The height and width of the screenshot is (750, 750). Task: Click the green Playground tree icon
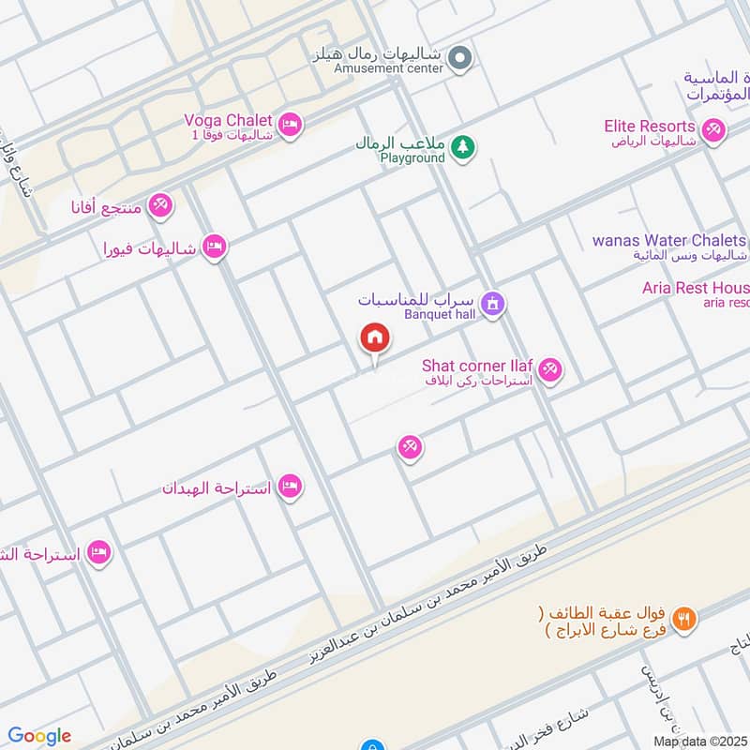(462, 146)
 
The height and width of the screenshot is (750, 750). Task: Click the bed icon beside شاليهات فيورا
(216, 247)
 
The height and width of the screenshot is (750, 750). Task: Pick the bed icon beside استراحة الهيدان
(291, 487)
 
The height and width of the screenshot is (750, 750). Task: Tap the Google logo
(39, 736)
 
